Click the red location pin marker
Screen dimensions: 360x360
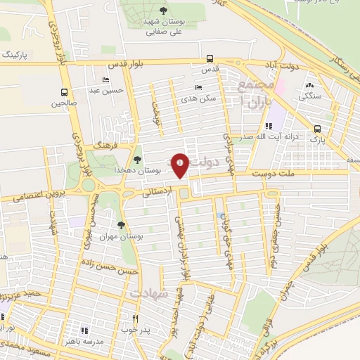tap(181, 165)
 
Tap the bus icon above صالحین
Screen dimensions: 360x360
tap(65, 92)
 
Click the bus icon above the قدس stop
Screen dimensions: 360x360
tap(210, 59)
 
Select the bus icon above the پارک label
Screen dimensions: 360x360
tap(318, 129)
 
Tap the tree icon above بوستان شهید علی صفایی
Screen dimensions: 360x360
tap(164, 11)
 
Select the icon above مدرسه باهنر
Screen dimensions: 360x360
tap(84, 330)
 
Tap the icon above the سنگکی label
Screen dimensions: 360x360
tap(309, 85)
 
